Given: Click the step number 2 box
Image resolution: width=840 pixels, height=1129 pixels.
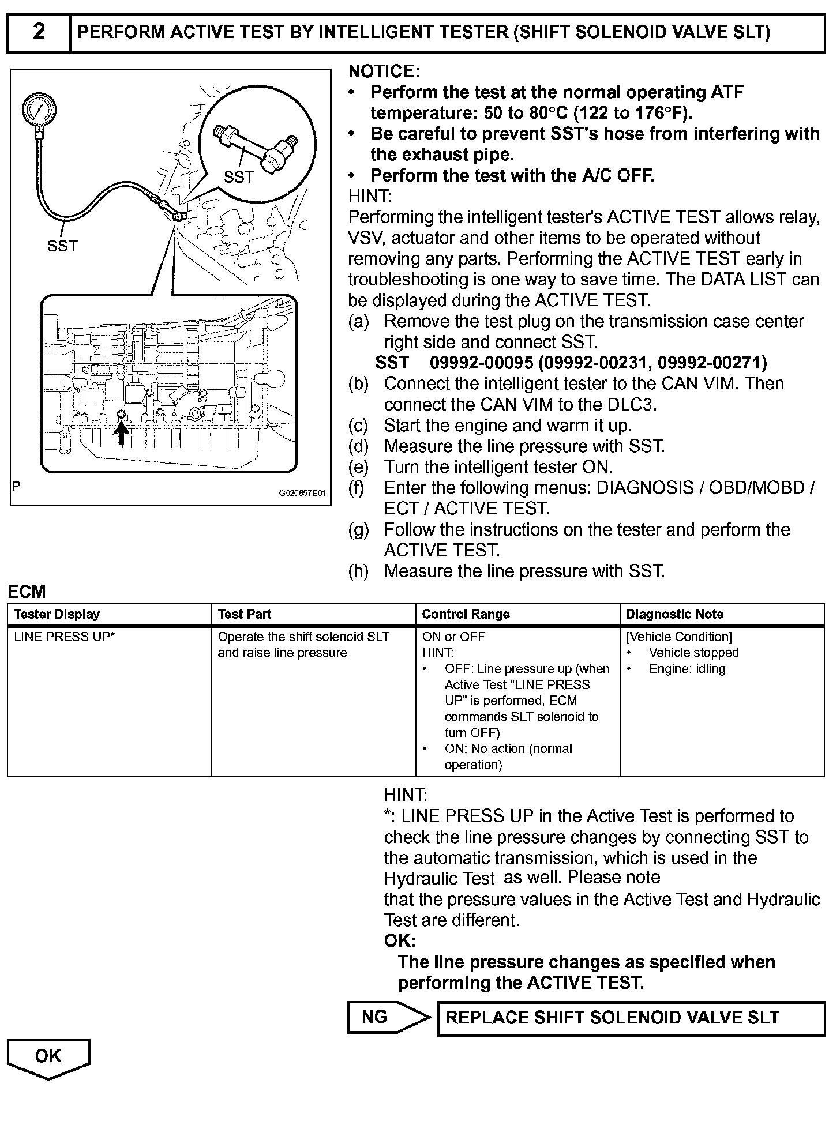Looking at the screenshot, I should click(39, 32).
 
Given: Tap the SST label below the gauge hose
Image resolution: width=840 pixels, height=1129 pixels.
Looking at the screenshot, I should click(62, 246).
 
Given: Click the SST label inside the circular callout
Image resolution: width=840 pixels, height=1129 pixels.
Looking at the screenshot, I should click(238, 177).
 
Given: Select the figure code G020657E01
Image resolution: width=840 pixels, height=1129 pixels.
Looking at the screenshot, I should click(302, 494).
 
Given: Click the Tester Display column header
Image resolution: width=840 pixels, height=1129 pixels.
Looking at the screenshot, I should click(57, 614).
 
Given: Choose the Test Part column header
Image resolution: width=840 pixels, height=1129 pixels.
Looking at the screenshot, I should click(245, 614).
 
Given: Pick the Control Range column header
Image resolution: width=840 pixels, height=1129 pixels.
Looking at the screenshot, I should click(466, 614).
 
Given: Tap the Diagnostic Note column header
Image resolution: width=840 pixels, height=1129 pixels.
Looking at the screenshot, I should click(674, 614).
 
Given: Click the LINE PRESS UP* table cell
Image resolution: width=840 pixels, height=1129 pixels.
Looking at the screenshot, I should click(65, 637).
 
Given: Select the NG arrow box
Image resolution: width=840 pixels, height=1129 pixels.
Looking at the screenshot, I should click(389, 1017).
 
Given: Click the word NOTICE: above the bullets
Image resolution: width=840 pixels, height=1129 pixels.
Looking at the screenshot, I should click(384, 71).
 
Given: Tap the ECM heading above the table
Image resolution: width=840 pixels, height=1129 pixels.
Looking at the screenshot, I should click(27, 592).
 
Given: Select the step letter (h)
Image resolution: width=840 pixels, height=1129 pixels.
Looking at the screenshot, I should click(358, 571).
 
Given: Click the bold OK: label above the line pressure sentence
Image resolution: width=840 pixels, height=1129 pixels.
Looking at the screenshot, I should click(400, 941).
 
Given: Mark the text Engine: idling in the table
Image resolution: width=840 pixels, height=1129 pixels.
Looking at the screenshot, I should click(687, 669).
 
